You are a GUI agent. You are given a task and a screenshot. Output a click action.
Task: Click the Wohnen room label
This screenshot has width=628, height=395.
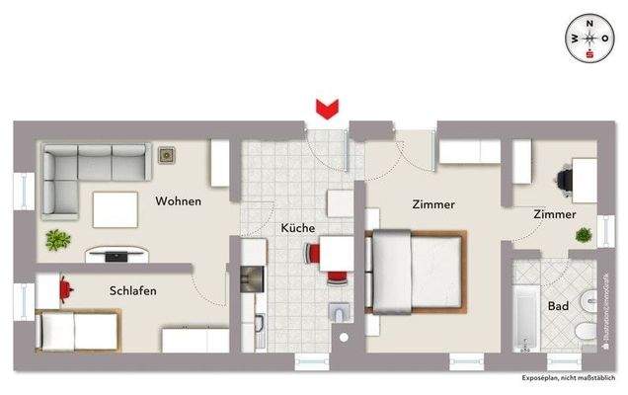(x=178, y=201)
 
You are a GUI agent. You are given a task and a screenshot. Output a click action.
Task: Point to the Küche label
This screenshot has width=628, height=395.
(x=298, y=227)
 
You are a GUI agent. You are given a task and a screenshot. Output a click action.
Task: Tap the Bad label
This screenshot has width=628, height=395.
(x=558, y=307)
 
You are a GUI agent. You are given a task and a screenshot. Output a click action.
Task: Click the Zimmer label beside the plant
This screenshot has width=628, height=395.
(x=554, y=213)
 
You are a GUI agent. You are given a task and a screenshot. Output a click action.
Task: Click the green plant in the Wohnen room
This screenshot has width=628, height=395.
(x=57, y=240)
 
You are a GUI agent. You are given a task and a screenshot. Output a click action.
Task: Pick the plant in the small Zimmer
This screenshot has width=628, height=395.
(x=585, y=235)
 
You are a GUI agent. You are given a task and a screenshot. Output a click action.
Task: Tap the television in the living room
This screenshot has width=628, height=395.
(x=116, y=255)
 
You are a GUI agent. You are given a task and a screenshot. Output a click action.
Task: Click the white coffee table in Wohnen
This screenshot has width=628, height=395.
(x=117, y=207)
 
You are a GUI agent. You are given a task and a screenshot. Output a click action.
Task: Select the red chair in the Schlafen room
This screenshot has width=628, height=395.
(x=64, y=288)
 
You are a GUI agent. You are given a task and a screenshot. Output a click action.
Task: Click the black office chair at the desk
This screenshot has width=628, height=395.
(x=564, y=179)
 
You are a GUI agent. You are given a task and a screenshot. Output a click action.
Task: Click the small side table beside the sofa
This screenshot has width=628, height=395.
(x=165, y=155)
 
